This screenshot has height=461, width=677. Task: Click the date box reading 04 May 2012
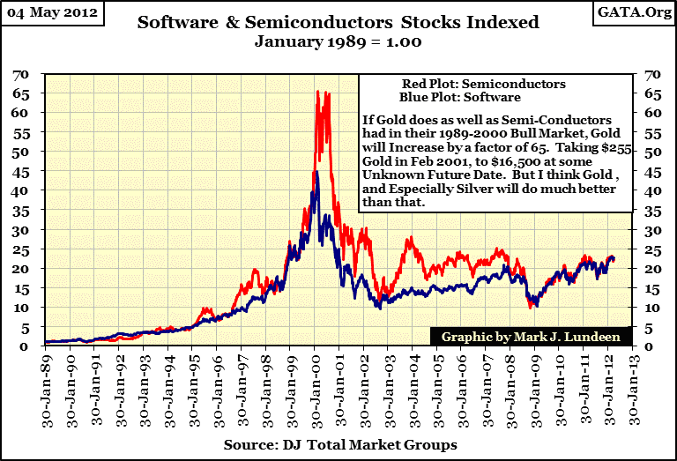[x=56, y=14]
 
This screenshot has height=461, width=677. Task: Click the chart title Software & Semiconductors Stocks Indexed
[x=338, y=22]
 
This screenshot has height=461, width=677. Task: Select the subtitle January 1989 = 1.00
[x=338, y=41]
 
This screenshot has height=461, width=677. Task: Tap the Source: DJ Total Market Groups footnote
[x=339, y=445]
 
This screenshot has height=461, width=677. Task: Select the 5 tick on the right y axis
[x=651, y=326]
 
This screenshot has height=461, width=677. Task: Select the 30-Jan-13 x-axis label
[x=631, y=388]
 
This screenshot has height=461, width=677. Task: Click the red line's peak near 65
[x=318, y=91]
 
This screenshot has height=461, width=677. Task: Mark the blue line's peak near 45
[x=316, y=172]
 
